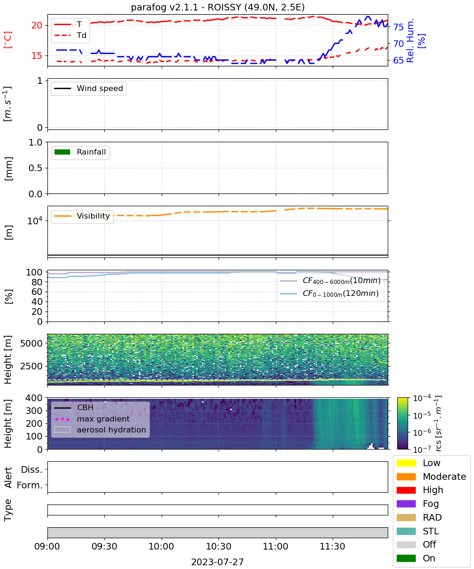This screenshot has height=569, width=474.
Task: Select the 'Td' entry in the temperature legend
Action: tap(70, 35)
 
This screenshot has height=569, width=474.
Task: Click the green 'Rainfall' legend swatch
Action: tap(63, 152)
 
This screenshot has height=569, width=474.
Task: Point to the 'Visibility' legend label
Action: tap(93, 216)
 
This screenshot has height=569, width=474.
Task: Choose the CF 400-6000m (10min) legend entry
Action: tap(330, 281)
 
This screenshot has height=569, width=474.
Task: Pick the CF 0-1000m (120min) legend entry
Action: tap(329, 294)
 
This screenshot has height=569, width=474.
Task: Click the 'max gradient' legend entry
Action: tap(92, 419)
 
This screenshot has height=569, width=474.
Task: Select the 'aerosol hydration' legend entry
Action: tap(100, 430)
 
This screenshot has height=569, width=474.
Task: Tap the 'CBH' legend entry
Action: tap(74, 407)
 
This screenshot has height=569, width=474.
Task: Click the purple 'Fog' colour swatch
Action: tap(406, 504)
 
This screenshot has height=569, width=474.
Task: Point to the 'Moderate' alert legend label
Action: tap(444, 477)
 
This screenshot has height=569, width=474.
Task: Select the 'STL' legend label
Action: tap(431, 531)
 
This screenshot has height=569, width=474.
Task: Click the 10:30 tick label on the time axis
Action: tap(219, 546)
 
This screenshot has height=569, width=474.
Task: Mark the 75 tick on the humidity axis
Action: tap(398, 27)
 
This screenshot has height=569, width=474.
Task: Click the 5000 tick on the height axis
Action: tap(31, 343)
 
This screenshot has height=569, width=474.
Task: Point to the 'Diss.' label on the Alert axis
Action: tap(32, 469)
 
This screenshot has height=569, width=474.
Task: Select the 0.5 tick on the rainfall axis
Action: tap(36, 168)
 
